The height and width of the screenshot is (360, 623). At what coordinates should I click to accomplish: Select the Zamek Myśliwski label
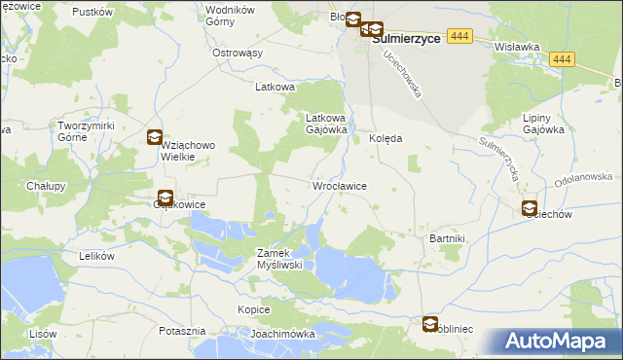tap(281, 259)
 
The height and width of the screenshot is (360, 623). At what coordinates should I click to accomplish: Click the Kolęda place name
tap(385, 138)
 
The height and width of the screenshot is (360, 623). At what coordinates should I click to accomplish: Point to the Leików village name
tap(96, 256)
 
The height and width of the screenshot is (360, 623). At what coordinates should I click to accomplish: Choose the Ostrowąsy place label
tap(238, 53)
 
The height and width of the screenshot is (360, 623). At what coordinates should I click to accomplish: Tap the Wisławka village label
tap(517, 46)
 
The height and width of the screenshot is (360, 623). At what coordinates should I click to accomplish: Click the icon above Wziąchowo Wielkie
tap(154, 138)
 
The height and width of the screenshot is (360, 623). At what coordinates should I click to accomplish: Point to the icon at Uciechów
tap(530, 207)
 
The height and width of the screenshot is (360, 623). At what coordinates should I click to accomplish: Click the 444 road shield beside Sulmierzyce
tap(462, 36)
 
